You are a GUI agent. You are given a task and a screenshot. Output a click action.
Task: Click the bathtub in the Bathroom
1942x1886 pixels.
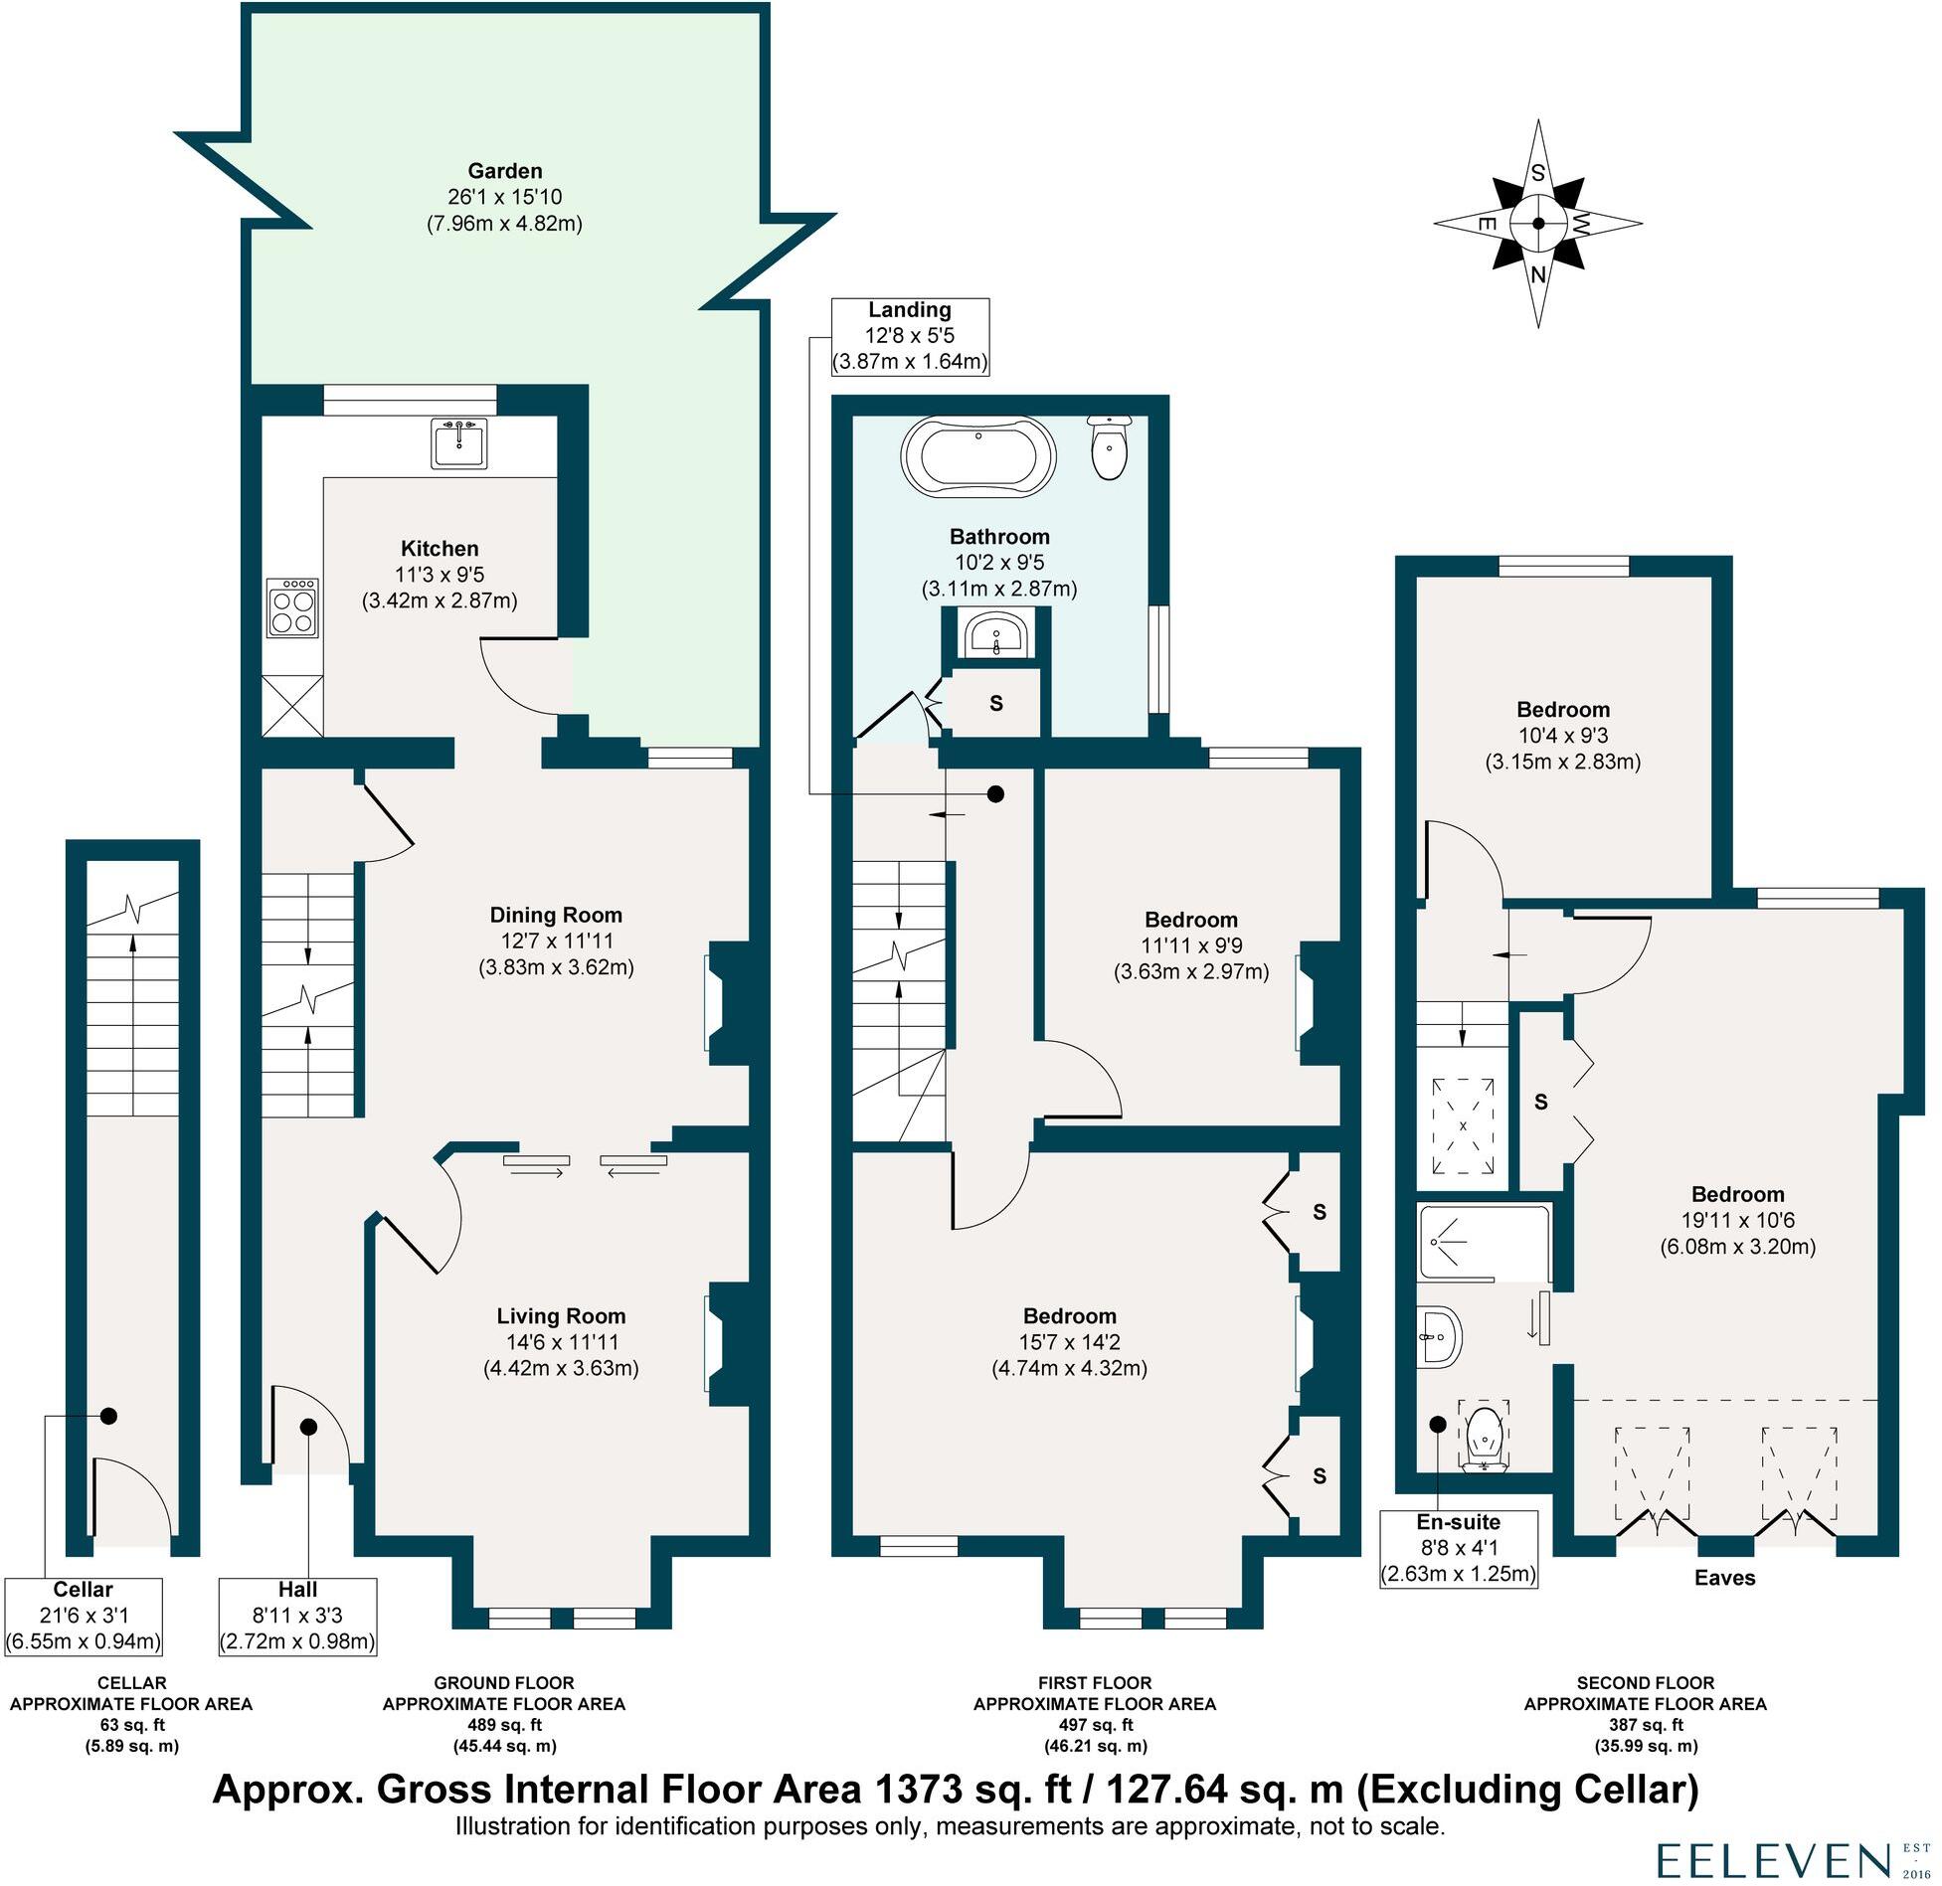977,456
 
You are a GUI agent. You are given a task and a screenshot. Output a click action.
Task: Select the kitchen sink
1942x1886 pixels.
459,443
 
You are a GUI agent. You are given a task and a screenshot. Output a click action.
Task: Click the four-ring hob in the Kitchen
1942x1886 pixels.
292,607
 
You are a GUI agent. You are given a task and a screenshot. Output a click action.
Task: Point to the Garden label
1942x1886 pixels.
505,171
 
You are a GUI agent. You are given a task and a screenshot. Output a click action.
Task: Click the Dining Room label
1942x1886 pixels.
556,915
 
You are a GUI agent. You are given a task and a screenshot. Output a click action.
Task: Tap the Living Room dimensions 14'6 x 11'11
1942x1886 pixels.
561,1341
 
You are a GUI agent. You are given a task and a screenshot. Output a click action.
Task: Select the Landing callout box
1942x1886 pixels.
910,336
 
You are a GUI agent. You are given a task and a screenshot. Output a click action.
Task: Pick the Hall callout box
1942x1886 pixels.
298,1616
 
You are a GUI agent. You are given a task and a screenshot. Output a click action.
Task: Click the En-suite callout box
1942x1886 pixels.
1459,1548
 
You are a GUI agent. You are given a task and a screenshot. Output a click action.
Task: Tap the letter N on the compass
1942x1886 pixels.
1537,275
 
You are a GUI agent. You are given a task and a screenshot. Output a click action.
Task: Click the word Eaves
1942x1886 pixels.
1724,1578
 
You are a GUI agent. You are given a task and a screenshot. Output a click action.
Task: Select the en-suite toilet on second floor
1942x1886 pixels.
1484,1438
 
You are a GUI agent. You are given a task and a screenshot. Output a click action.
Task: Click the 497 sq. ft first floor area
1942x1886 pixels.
1094,1724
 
